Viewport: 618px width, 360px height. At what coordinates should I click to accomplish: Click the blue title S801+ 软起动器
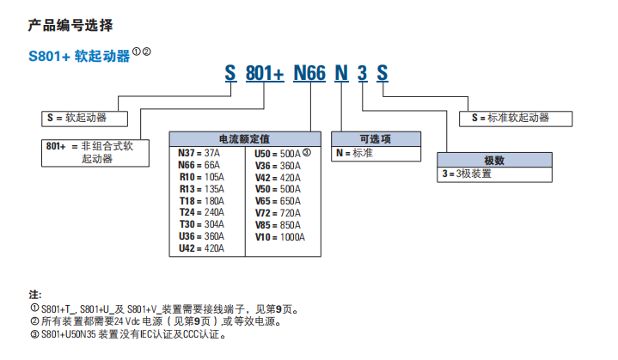pos(78,56)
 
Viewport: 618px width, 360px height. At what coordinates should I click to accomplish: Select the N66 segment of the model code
pos(309,74)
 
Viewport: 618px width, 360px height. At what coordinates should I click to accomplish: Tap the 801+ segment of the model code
pos(264,74)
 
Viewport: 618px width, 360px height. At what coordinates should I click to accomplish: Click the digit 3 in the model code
pos(362,74)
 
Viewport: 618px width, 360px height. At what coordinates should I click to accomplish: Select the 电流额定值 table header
pos(244,137)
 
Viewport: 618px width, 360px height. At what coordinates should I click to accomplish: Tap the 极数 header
pos(493,160)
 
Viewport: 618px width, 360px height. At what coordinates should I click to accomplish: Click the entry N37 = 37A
pos(199,153)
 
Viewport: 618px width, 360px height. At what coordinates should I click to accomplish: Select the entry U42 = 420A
pos(201,248)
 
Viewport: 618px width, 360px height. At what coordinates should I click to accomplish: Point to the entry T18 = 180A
pos(201,200)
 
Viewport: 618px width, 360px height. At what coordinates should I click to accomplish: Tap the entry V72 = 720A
pos(278,212)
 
